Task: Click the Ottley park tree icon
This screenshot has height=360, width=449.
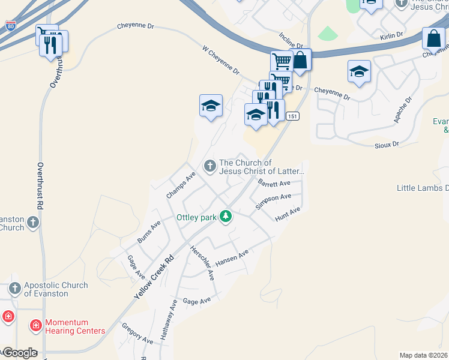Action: pos(226,216)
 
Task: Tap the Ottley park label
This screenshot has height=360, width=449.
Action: pos(196,217)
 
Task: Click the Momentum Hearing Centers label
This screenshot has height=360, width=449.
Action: pos(75,326)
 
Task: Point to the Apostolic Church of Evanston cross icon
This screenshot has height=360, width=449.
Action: pos(15,289)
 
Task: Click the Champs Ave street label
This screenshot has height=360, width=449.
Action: pos(181,185)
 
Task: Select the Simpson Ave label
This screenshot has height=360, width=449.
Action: pos(273,201)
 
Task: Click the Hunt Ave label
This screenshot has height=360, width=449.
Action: pos(288,214)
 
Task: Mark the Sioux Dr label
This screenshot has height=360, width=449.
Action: pos(387,145)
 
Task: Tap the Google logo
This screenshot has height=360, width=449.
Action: pos(20,353)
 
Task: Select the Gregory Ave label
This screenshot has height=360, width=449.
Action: pos(137,333)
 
